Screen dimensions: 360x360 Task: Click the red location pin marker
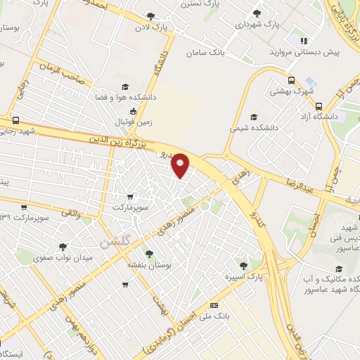click(181, 165)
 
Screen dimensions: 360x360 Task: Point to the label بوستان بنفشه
click(146, 264)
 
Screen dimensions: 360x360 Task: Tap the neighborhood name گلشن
click(115, 241)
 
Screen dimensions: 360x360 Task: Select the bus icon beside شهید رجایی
click(15, 120)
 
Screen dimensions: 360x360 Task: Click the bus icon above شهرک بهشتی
click(290, 79)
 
